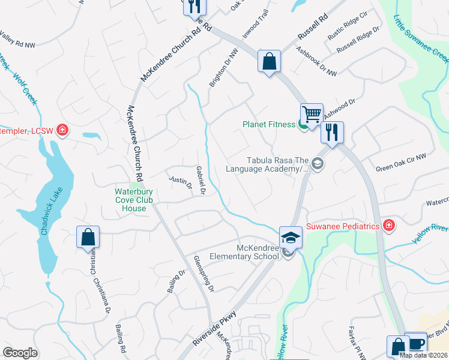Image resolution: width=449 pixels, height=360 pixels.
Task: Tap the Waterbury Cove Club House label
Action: [x=130, y=200]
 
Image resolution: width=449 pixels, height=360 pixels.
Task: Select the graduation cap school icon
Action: [x=291, y=238]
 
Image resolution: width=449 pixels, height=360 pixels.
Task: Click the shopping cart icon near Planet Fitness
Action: [x=312, y=113]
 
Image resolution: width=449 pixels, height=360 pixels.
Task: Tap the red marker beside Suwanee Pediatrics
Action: [x=389, y=226]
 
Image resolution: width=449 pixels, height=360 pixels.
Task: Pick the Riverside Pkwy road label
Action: [x=215, y=330]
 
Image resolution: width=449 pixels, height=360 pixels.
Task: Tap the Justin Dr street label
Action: [x=179, y=181]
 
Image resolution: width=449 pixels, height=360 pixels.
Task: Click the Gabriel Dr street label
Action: [x=200, y=181]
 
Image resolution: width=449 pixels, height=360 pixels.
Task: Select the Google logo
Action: [x=20, y=353]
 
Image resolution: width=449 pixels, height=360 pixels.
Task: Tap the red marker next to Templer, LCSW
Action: [x=62, y=130]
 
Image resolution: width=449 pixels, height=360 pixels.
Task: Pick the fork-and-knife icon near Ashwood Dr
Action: [x=332, y=131]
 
